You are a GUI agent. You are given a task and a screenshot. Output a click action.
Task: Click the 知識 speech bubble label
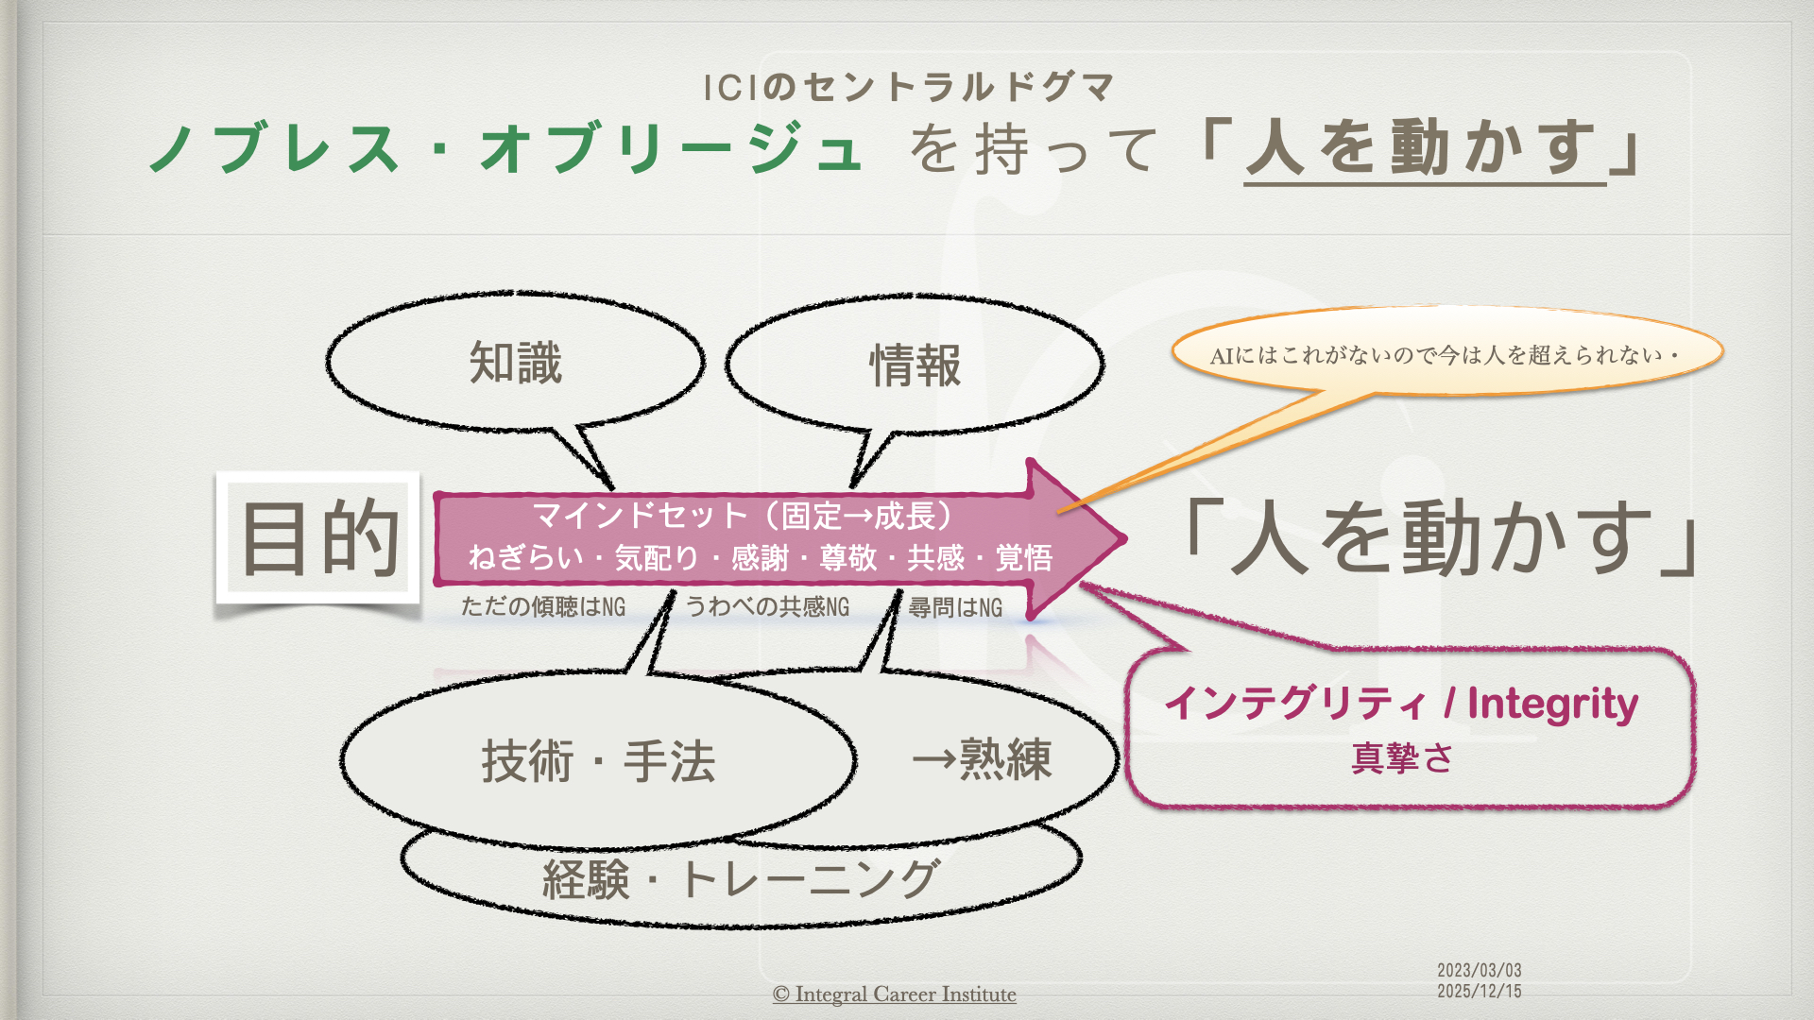click(x=516, y=364)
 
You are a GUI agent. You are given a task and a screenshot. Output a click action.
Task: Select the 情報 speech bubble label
click(x=915, y=365)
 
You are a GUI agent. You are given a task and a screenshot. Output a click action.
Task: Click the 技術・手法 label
click(x=598, y=761)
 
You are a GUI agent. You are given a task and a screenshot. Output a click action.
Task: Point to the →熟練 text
click(x=982, y=759)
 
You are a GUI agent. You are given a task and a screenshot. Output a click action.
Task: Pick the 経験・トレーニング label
click(x=741, y=879)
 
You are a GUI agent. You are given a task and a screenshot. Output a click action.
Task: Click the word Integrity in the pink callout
click(x=1552, y=704)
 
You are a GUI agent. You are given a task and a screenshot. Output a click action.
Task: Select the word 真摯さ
click(x=1402, y=757)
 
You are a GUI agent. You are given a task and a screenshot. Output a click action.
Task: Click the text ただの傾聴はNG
click(x=543, y=606)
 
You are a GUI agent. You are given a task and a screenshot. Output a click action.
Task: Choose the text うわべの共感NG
click(x=767, y=606)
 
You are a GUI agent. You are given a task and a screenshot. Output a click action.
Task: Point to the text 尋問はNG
click(x=955, y=607)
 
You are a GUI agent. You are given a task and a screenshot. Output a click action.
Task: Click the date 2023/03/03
click(x=1479, y=970)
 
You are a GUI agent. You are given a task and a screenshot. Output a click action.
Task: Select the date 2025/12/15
click(x=1479, y=991)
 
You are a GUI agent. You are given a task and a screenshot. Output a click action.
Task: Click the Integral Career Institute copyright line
click(x=894, y=994)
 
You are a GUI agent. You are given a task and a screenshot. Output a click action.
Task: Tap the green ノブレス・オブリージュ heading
click(x=506, y=149)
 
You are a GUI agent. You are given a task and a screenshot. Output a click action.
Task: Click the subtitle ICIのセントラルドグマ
click(x=910, y=88)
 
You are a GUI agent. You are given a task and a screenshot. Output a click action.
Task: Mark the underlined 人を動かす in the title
click(x=1425, y=149)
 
